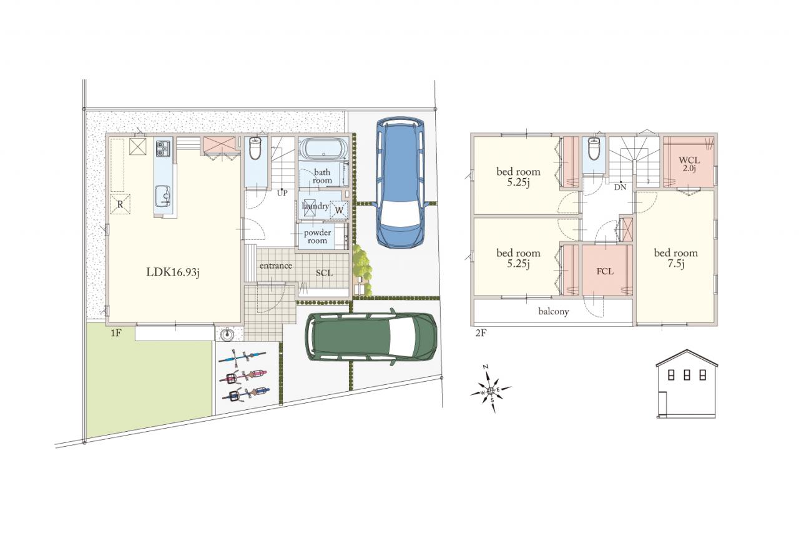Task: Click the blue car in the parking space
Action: (x=400, y=182)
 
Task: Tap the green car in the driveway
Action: (x=371, y=337)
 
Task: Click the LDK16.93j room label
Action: (x=173, y=272)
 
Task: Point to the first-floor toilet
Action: (x=255, y=148)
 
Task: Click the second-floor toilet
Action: (x=594, y=148)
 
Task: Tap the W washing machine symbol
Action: (x=339, y=209)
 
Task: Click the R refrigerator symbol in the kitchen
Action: (x=120, y=204)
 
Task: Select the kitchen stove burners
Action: (x=163, y=149)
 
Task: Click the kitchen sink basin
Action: (x=163, y=196)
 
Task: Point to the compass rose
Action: (x=491, y=390)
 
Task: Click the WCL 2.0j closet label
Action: (x=689, y=164)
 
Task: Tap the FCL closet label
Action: (x=605, y=272)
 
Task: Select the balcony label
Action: (x=554, y=312)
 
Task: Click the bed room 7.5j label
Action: (x=675, y=258)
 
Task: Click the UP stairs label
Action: (x=282, y=193)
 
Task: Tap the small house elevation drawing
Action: (x=687, y=384)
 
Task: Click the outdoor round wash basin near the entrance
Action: (x=227, y=335)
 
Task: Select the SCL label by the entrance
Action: (x=324, y=274)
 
